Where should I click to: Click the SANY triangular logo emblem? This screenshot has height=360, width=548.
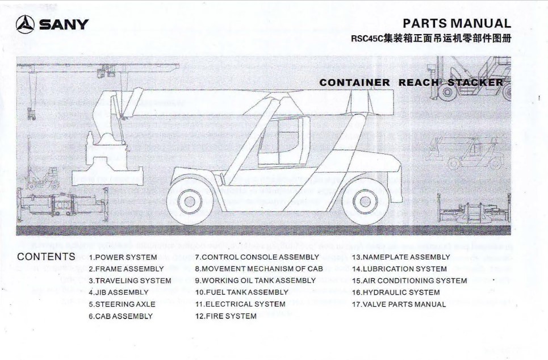coord(25,24)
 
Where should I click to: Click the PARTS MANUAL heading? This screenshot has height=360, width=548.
coord(457,23)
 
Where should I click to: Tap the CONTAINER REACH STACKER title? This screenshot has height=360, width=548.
coord(411,82)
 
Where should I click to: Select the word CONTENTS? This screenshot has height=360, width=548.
coord(46,257)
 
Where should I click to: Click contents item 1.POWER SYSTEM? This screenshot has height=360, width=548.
coord(123,257)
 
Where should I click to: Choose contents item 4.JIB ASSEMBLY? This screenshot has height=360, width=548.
coord(119,292)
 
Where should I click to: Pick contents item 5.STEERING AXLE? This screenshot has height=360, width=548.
coord(122,304)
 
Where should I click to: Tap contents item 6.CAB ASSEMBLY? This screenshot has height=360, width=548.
coord(120,316)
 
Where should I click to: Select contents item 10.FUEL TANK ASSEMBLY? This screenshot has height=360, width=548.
coord(242,292)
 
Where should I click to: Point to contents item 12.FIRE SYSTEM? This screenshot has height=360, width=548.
coord(226,316)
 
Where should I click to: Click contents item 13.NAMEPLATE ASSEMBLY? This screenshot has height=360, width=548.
coord(401,257)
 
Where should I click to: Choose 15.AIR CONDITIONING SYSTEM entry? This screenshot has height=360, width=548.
coord(409,281)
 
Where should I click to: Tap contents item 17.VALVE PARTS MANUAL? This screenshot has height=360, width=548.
coord(399,304)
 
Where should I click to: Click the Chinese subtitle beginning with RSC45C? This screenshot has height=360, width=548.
coord(431,38)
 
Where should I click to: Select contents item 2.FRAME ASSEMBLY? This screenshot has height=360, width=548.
coord(126,269)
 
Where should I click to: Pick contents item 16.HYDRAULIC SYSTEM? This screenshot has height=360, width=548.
coord(396,292)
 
